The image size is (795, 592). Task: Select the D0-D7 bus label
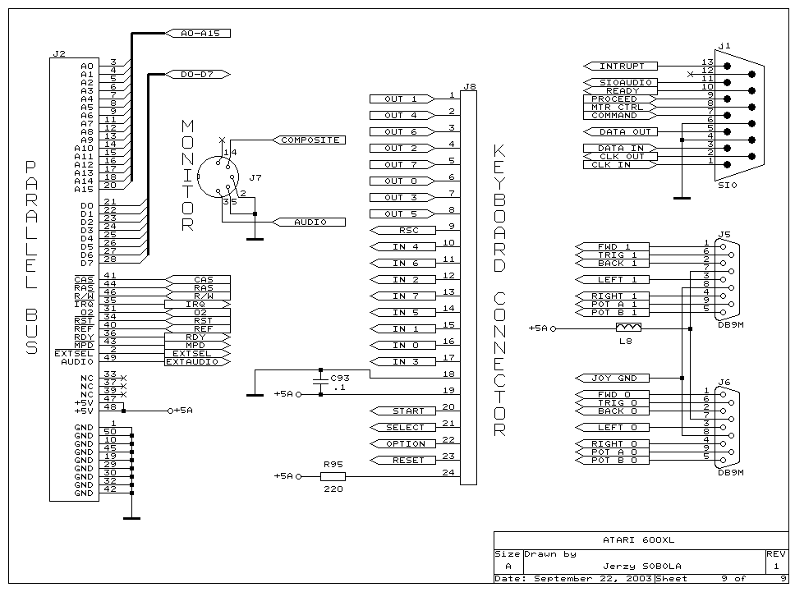198,75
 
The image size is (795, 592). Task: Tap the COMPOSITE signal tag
310,140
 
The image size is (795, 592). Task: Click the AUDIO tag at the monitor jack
310,223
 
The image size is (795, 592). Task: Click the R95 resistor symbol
333,476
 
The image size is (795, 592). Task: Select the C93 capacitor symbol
320,383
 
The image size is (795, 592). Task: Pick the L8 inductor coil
628,328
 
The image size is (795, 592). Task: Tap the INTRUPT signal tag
623,66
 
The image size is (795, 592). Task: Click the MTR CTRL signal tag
618,108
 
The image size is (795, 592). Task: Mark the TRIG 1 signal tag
617,255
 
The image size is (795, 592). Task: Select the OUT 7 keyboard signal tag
401,165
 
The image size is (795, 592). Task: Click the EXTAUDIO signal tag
192,361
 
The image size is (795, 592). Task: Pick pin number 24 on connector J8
448,472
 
